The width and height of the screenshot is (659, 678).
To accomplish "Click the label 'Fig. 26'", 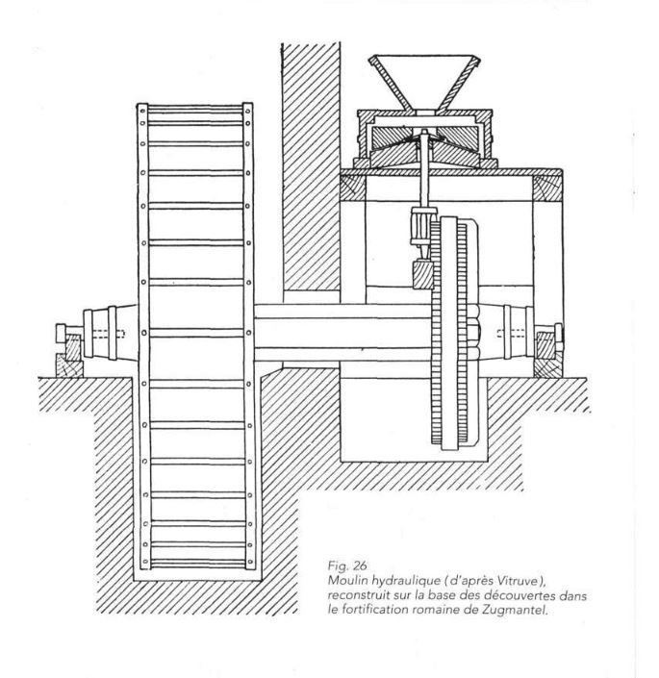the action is (x=347, y=565).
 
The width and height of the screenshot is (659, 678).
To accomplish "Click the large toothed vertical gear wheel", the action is (x=453, y=332).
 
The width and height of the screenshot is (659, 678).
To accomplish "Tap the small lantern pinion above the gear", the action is (x=419, y=226).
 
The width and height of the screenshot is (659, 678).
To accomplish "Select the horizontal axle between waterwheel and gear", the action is (x=342, y=333).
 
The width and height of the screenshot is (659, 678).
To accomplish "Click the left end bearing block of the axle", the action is (x=68, y=351).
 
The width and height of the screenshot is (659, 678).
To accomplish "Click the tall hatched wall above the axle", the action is (x=311, y=167).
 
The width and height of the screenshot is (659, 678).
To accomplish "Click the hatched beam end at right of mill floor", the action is (x=547, y=188).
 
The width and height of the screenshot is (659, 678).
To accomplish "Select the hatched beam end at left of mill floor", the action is (x=352, y=188).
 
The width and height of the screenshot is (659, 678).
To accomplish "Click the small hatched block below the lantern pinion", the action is (x=423, y=274).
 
